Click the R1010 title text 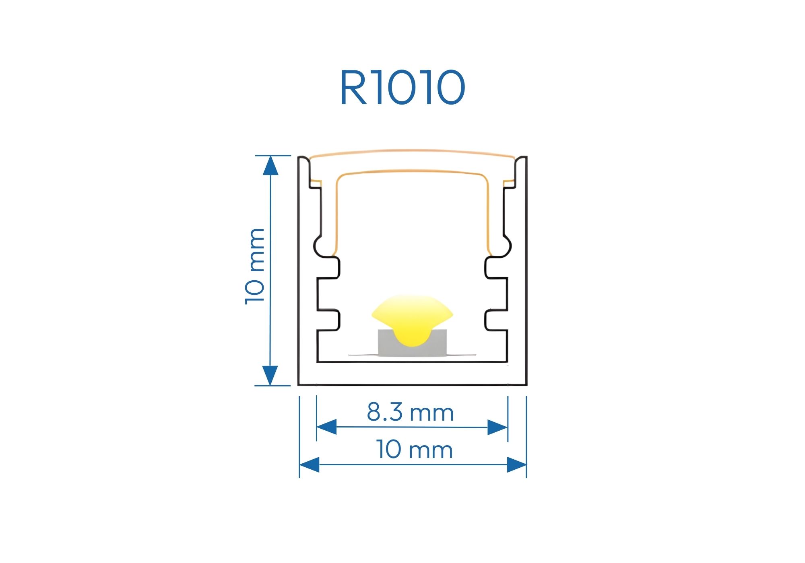coord(402,88)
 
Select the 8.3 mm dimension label coord(410,412)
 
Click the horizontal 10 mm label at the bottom coord(414,450)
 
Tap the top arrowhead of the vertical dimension coord(270,166)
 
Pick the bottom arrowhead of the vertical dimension coord(270,376)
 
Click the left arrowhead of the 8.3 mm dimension coord(326,427)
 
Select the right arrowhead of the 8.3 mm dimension coord(497,427)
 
